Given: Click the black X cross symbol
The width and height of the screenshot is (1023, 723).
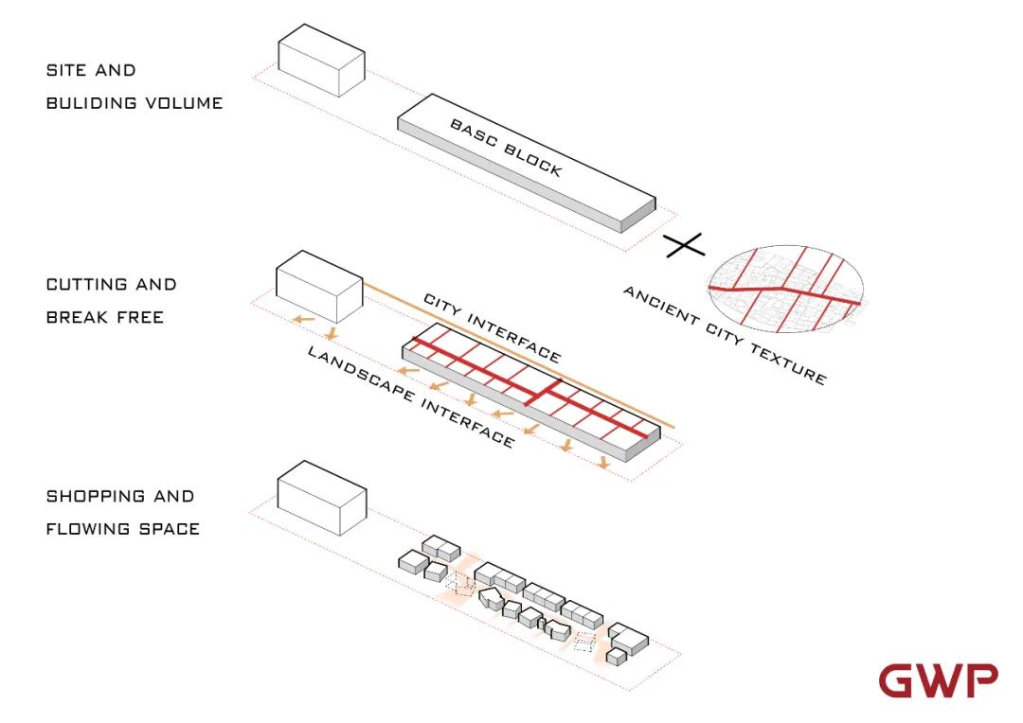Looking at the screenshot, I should (x=684, y=246).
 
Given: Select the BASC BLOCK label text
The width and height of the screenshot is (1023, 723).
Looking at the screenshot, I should (x=506, y=148).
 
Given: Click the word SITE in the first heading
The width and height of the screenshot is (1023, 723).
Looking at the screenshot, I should (x=65, y=71).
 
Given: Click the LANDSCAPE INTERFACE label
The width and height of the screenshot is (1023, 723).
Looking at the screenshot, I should (x=410, y=396).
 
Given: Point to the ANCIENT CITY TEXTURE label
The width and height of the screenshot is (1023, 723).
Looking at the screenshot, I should (x=725, y=335).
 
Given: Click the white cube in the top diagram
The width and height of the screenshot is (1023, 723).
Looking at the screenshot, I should (x=321, y=61).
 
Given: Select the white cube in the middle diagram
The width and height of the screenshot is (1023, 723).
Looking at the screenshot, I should (x=318, y=285).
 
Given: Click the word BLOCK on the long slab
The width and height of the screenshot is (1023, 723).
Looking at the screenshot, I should (x=533, y=162).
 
